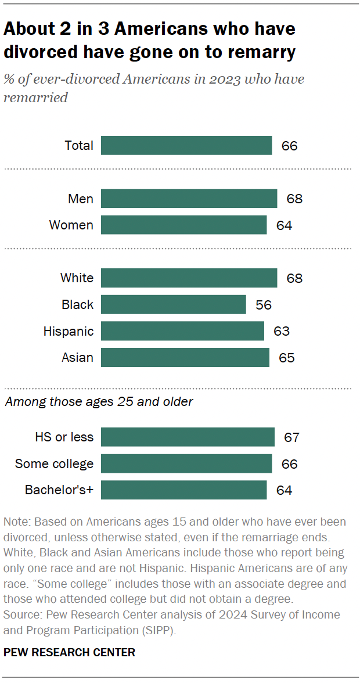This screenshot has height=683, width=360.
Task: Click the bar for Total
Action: [x=186, y=145]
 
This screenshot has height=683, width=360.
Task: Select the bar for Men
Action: [x=189, y=199]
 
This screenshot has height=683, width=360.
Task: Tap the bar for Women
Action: [x=183, y=225]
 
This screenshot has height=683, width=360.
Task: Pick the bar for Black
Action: [x=173, y=304]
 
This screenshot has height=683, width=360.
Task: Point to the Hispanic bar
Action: [x=182, y=331]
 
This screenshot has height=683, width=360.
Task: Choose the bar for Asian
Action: [x=185, y=357]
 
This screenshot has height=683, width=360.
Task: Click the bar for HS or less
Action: [x=188, y=437]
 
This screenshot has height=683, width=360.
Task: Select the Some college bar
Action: [x=186, y=463]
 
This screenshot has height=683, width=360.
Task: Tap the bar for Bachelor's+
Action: [x=183, y=490]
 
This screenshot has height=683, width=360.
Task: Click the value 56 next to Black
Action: [x=263, y=304]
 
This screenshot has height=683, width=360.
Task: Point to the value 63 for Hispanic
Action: [x=281, y=331]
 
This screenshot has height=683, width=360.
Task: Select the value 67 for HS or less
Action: [x=291, y=437]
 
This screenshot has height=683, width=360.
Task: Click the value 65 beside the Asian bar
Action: [x=286, y=357]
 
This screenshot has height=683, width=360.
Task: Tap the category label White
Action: [x=77, y=278]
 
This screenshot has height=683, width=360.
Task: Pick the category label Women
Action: [x=71, y=225]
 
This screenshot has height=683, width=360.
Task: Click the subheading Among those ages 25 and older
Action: [x=99, y=401]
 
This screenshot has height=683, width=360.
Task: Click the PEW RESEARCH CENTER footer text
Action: [x=69, y=652]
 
